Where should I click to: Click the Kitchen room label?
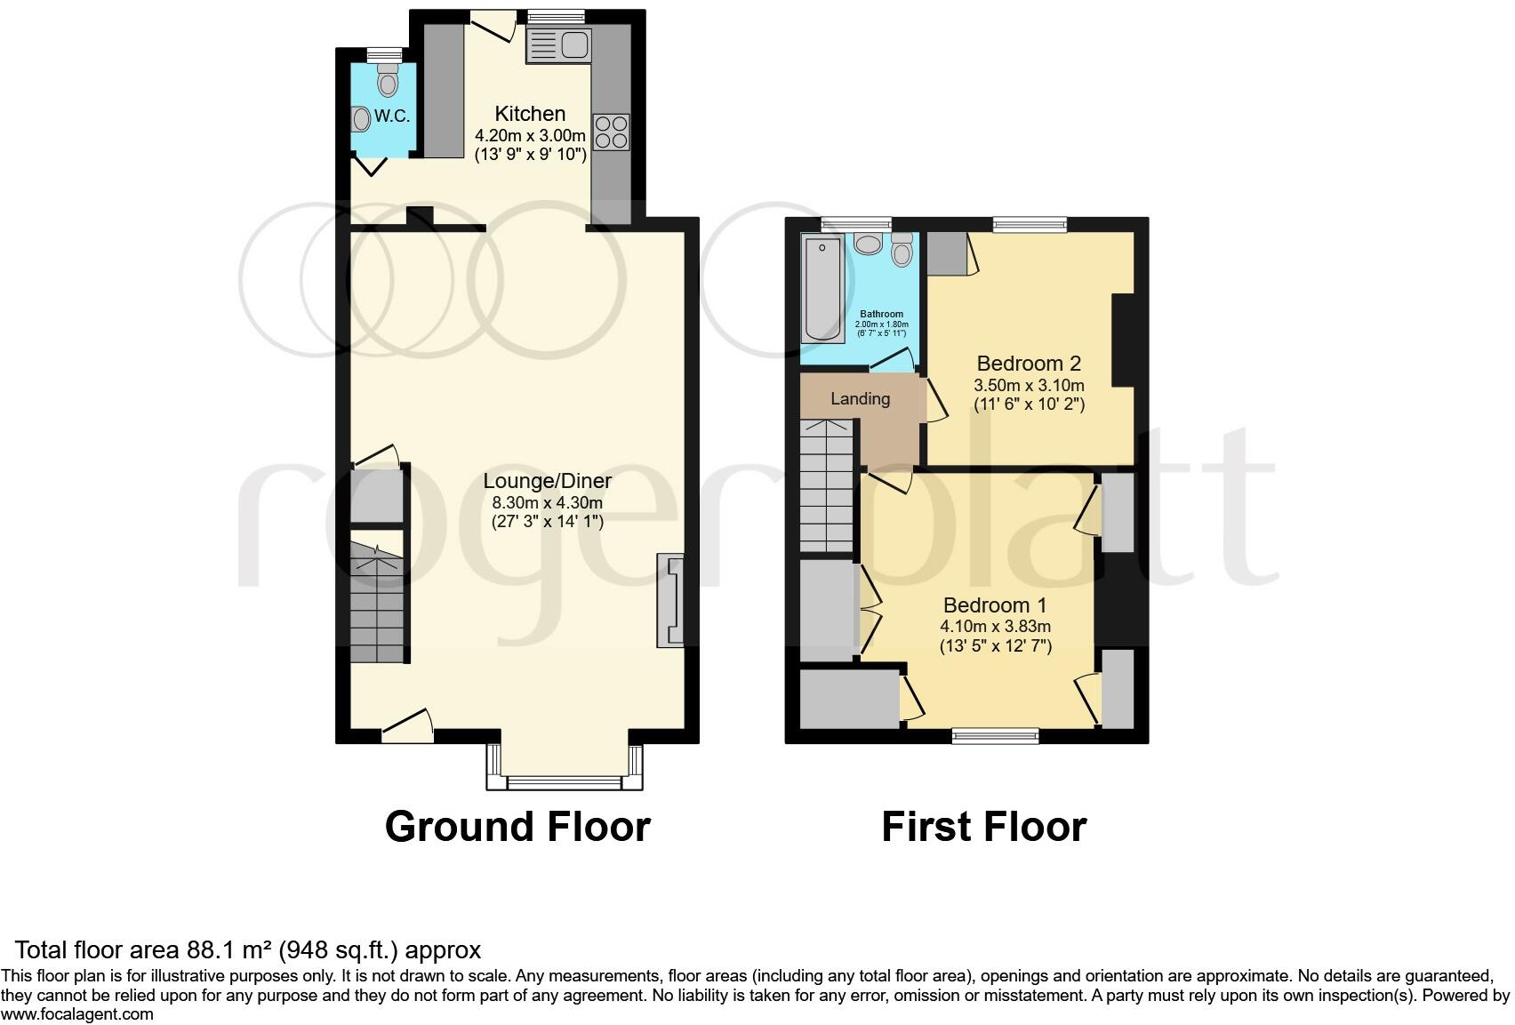click(x=530, y=114)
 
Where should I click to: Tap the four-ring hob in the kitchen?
click(x=611, y=132)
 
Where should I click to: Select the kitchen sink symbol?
click(x=558, y=44)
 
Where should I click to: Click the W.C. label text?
click(x=391, y=116)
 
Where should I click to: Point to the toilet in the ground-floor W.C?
click(x=388, y=83)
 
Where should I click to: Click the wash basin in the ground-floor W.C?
click(x=361, y=118)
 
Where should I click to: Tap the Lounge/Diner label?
click(x=547, y=481)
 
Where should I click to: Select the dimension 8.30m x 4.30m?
click(x=547, y=502)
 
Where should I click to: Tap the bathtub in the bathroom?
click(x=823, y=289)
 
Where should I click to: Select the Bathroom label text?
click(x=881, y=314)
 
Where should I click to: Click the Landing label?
click(x=860, y=398)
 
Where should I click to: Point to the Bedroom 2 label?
click(x=1029, y=363)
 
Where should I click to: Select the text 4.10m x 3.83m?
click(x=995, y=626)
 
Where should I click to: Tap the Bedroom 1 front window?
click(x=995, y=735)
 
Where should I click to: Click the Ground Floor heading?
click(x=517, y=827)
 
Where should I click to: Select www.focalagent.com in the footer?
click(x=77, y=1014)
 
